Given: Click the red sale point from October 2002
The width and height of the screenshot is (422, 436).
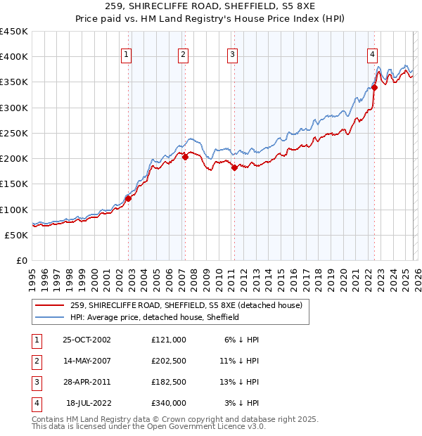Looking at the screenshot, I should coord(129,199).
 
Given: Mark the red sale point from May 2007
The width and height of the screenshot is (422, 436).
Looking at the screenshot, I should coord(185,158).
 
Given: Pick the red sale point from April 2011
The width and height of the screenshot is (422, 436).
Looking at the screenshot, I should coord(234,167).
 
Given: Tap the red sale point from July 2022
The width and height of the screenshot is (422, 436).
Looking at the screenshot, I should coord(374,88).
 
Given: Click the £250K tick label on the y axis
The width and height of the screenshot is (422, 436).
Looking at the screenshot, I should coord(14,133).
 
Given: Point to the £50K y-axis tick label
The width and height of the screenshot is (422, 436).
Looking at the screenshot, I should coord(17,235).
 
